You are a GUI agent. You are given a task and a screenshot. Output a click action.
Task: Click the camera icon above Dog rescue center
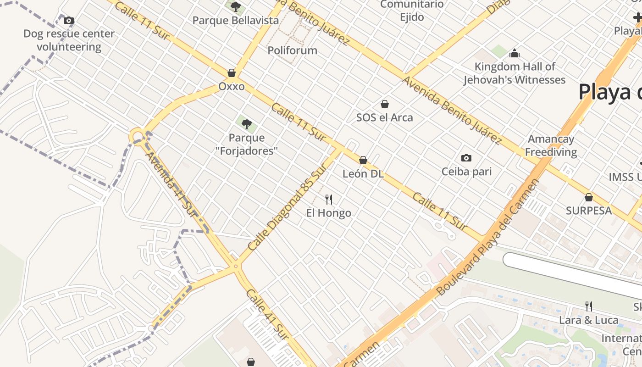click(69, 20)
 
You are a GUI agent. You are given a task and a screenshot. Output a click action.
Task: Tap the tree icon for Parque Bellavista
click(236, 7)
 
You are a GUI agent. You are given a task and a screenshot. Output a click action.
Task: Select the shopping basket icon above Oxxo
click(232, 73)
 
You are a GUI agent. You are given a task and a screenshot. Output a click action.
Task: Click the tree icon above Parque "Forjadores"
click(247, 124)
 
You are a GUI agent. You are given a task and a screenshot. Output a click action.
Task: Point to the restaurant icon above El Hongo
click(328, 199)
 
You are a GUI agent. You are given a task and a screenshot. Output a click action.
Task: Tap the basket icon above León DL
click(363, 160)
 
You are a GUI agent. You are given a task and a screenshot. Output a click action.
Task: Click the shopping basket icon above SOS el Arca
click(385, 104)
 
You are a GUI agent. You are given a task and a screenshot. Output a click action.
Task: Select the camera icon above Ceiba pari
click(466, 158)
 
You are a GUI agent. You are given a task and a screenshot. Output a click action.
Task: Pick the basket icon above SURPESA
click(589, 197)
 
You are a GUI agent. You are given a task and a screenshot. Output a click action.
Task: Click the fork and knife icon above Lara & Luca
click(589, 306)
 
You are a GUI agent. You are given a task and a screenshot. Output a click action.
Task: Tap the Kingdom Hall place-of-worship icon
click(515, 53)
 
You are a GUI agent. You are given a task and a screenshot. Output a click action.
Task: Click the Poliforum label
click(293, 50)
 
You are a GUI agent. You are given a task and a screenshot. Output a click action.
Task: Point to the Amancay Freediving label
click(551, 145)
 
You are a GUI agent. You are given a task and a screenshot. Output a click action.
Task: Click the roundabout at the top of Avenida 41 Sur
click(137, 136)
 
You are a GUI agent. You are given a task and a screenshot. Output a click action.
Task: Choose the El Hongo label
click(329, 213)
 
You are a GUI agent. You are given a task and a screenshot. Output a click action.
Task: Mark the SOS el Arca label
click(385, 117)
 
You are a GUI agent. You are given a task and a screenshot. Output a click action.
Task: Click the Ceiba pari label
click(466, 172)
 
